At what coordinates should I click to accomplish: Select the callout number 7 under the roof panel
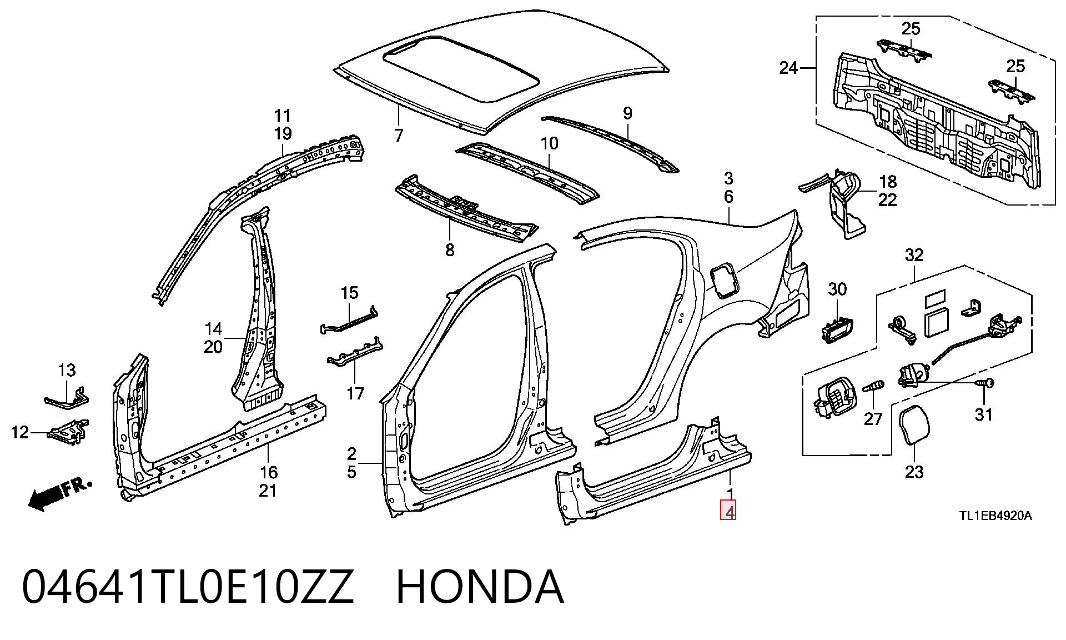[399, 135]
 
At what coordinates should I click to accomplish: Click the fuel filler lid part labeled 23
[913, 426]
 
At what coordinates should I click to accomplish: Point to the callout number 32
[914, 255]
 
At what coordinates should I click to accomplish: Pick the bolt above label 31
[985, 383]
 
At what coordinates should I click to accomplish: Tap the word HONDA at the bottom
[480, 587]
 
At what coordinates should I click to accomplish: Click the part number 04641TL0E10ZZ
[188, 587]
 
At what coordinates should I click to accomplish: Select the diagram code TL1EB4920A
[995, 516]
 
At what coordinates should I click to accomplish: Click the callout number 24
[788, 68]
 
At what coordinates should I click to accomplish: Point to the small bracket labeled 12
[68, 432]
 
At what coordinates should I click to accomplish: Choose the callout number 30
[837, 289]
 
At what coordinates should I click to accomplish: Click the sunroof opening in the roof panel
[461, 69]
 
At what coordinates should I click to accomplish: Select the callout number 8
[450, 250]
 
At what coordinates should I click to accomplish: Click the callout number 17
[355, 393]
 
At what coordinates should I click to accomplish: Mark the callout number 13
[67, 369]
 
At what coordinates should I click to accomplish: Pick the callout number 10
[549, 143]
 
